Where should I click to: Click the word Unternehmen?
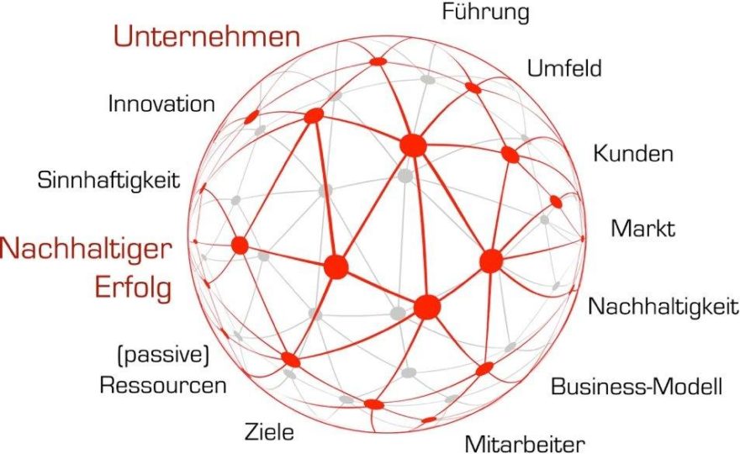click(x=207, y=36)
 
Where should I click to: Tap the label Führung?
click(x=486, y=13)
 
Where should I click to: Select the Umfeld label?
click(x=564, y=67)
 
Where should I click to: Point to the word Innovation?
click(x=161, y=103)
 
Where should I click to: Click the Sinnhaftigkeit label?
click(x=108, y=180)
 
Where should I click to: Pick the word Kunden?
click(x=633, y=153)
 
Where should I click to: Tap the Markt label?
click(x=642, y=228)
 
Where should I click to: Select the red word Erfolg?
click(x=133, y=287)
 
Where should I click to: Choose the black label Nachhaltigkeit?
click(x=663, y=306)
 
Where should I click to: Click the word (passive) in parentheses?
click(x=163, y=355)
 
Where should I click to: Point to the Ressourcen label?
click(x=163, y=384)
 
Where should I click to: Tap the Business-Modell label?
click(x=637, y=386)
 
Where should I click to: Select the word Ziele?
click(x=269, y=431)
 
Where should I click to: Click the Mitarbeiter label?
click(x=525, y=444)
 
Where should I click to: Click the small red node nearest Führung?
click(x=378, y=61)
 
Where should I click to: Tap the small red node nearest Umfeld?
click(x=473, y=87)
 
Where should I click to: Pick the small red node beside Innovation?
click(x=251, y=117)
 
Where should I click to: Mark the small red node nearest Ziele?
click(x=373, y=404)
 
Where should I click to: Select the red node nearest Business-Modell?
click(x=484, y=368)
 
